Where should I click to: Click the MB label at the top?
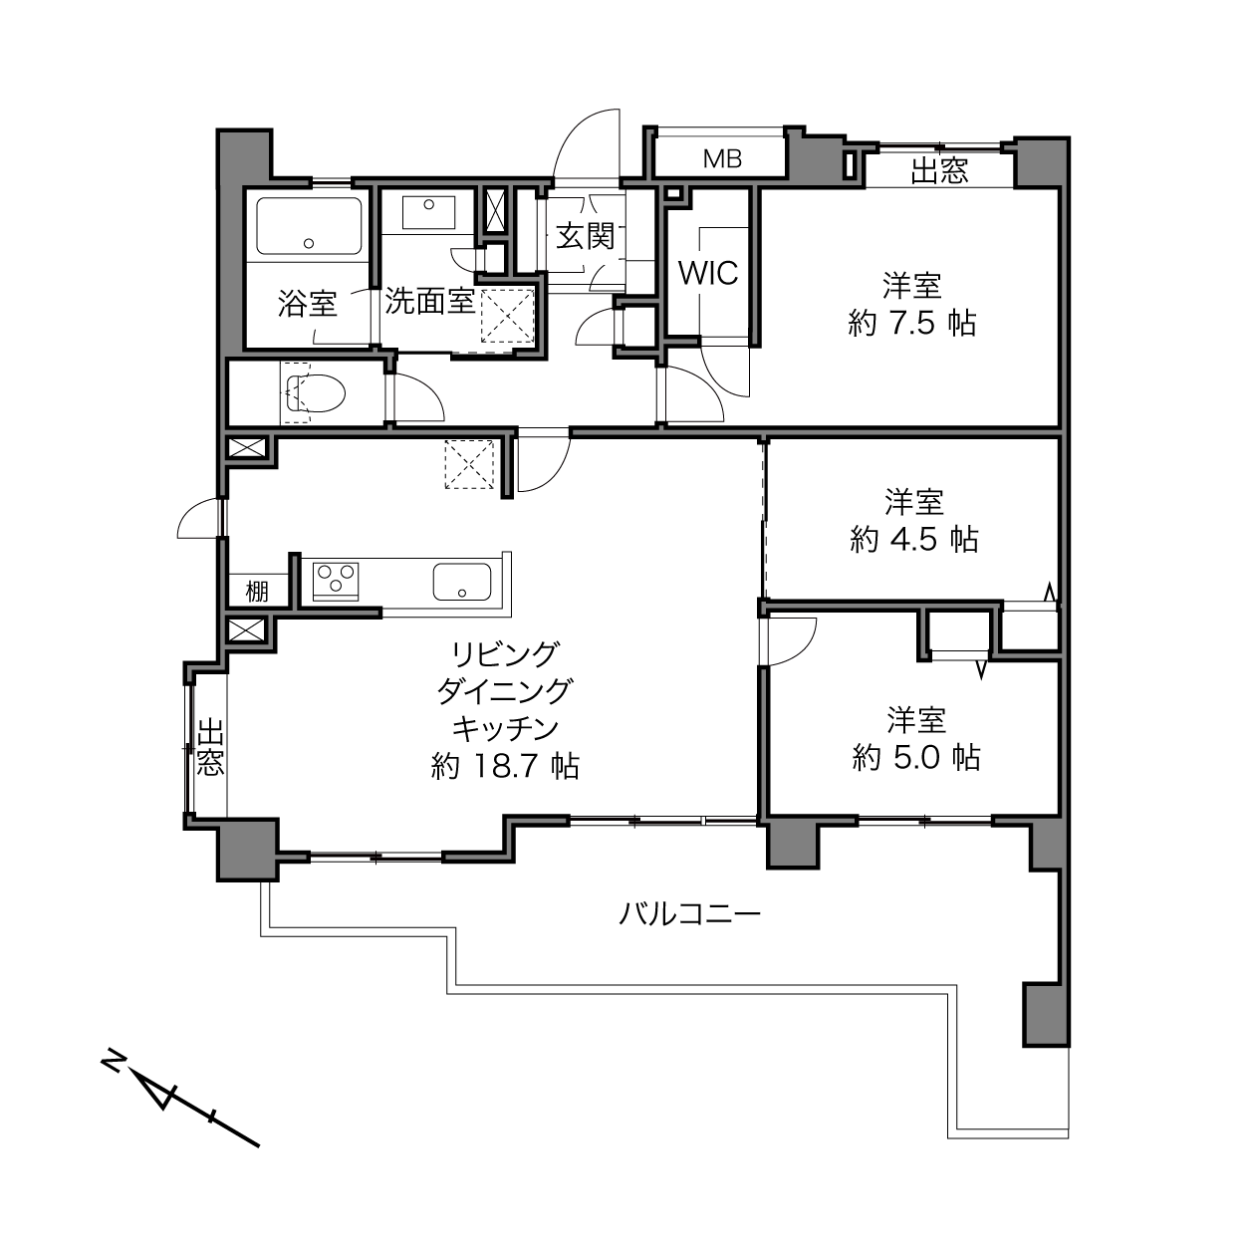(x=722, y=158)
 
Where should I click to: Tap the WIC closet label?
(x=708, y=273)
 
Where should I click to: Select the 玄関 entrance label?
(x=585, y=236)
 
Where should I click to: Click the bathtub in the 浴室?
(x=309, y=226)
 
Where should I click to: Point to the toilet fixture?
(x=315, y=392)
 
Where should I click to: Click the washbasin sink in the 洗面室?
(x=428, y=212)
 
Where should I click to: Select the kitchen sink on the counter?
(x=462, y=581)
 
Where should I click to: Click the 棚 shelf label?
(x=257, y=592)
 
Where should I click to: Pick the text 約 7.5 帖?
(x=911, y=323)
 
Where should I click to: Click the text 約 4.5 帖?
(x=913, y=539)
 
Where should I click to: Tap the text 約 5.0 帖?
(x=916, y=757)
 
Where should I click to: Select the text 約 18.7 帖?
(x=505, y=767)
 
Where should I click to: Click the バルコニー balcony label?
(x=690, y=914)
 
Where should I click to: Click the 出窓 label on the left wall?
(x=210, y=747)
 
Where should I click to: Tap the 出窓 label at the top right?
(x=939, y=171)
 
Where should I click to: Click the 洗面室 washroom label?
(x=430, y=301)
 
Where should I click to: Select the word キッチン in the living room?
(x=505, y=729)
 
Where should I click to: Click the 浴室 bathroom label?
(x=308, y=303)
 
